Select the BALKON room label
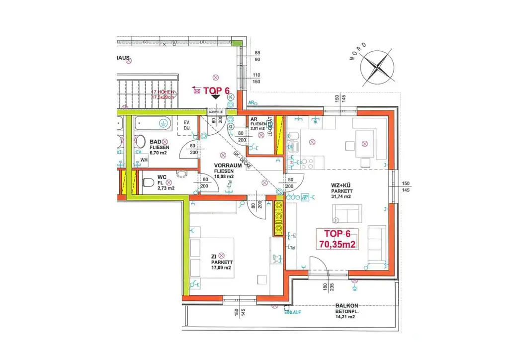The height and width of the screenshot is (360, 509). click(347, 306)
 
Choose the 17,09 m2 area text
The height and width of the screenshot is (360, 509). click(221, 268)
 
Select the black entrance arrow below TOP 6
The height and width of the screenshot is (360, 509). click(216, 97)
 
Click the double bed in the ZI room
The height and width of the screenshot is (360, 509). click(214, 261)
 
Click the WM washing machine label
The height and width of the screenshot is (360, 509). click(144, 160)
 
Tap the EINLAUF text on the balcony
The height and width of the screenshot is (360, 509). click(293, 312)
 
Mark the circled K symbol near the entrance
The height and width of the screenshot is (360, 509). click(231, 98)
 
